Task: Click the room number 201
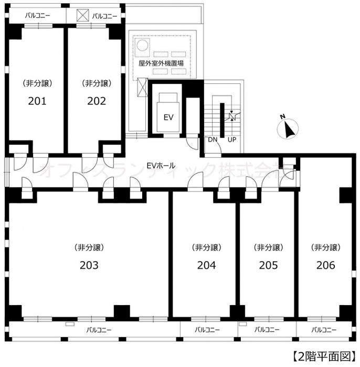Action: click(x=37, y=101)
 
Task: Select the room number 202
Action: click(x=97, y=101)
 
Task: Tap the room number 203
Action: click(x=89, y=265)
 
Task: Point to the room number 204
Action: click(x=206, y=265)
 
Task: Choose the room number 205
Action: click(x=268, y=265)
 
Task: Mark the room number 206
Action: click(x=326, y=265)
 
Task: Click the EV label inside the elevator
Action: click(x=168, y=117)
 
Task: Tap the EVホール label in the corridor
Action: click(x=161, y=166)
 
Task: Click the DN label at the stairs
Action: click(x=213, y=140)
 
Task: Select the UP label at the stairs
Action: click(x=232, y=140)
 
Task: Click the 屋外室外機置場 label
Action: click(x=161, y=63)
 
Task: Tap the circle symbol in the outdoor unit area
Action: click(x=142, y=45)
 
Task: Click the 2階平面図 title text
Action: click(x=324, y=356)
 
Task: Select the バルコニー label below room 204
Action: click(x=207, y=330)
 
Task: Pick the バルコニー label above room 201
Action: click(x=37, y=16)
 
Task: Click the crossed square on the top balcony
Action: click(x=83, y=15)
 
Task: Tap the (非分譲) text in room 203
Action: click(x=89, y=247)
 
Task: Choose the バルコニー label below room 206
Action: click(x=324, y=330)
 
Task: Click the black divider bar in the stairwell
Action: click(x=222, y=120)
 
